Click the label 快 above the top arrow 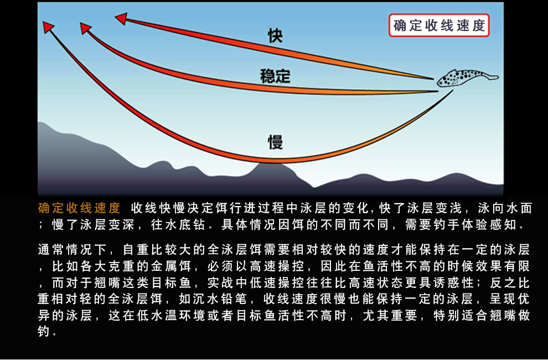(276, 35)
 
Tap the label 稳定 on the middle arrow (275, 76)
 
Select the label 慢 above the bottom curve (276, 142)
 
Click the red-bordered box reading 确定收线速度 (439, 25)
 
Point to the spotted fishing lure (467, 78)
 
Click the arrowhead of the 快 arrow (121, 18)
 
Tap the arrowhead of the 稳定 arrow (86, 28)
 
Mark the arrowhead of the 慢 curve (48, 27)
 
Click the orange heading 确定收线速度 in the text (79, 208)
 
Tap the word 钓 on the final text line (43, 332)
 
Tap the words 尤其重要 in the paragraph (390, 316)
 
